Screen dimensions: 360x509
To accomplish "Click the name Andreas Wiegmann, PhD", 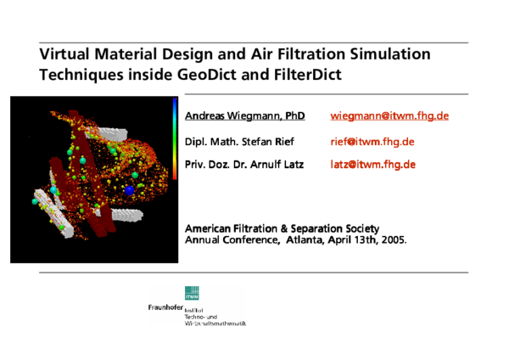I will coord(244,115).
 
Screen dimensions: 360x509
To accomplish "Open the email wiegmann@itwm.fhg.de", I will coord(389,115).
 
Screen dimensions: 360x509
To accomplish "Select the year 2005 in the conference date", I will coord(394,239).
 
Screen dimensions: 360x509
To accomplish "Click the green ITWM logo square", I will coord(193,294).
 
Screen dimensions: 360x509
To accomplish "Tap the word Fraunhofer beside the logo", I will coord(165,307).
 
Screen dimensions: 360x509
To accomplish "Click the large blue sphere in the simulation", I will coord(130,191).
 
